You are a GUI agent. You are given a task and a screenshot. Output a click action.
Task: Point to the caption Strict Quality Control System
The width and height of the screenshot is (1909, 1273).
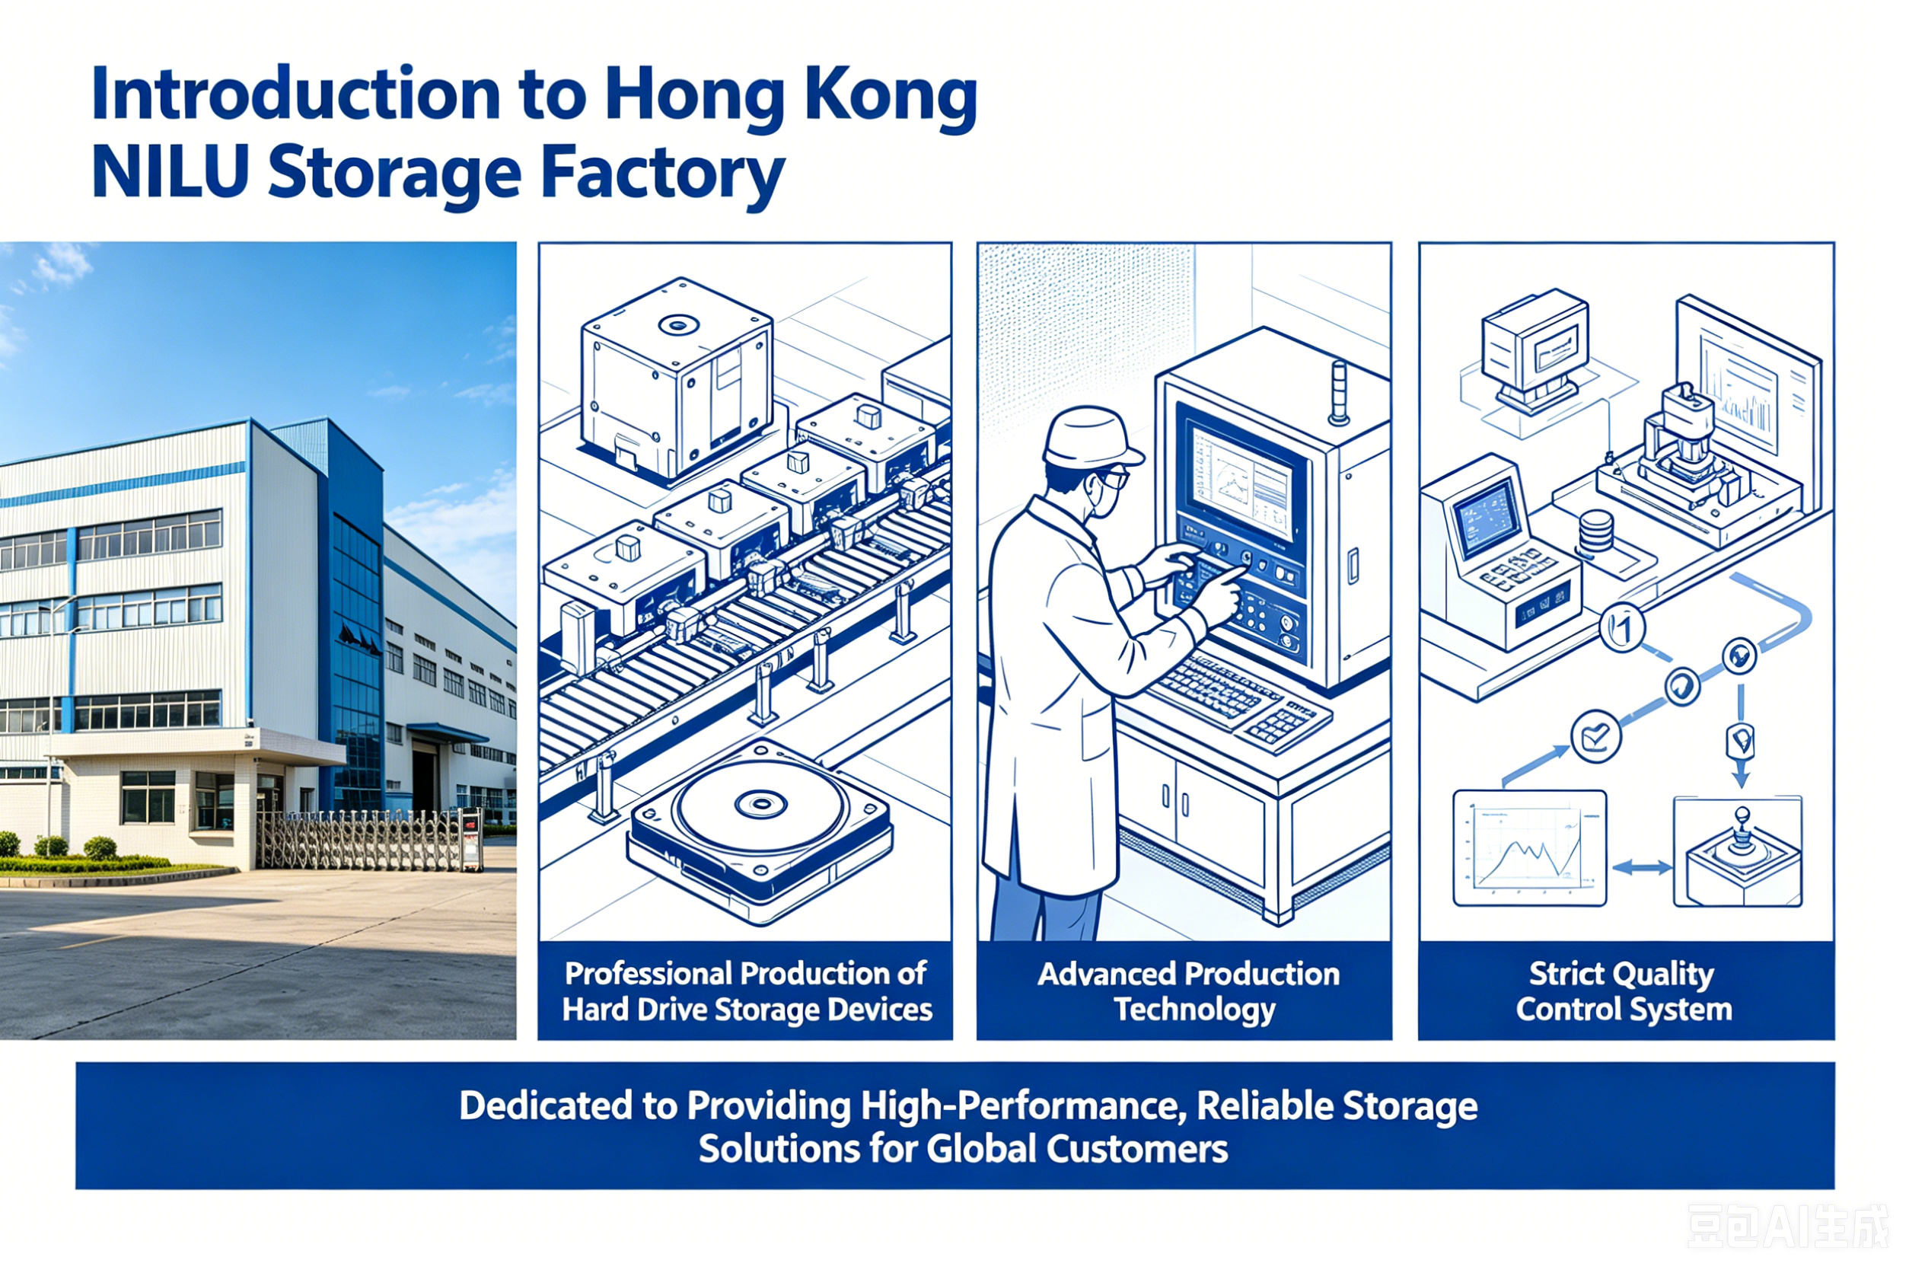1624,991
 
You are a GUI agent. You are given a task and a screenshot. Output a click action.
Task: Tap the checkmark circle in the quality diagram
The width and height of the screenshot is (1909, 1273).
1595,736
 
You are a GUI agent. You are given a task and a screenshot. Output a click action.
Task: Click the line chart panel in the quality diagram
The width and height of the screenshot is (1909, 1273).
1529,847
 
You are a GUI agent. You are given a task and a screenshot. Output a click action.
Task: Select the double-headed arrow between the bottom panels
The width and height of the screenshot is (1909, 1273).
1641,868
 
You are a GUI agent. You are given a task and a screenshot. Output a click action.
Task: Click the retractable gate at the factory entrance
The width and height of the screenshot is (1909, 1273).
369,841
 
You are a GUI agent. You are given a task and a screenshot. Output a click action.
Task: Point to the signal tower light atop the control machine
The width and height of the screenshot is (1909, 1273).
1338,393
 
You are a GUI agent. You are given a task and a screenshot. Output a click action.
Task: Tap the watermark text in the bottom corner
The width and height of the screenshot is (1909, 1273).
1789,1226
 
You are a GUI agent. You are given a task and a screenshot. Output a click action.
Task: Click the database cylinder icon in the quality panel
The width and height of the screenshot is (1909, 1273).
1595,531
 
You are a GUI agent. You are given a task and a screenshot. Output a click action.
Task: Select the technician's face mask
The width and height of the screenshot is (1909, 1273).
1100,498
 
